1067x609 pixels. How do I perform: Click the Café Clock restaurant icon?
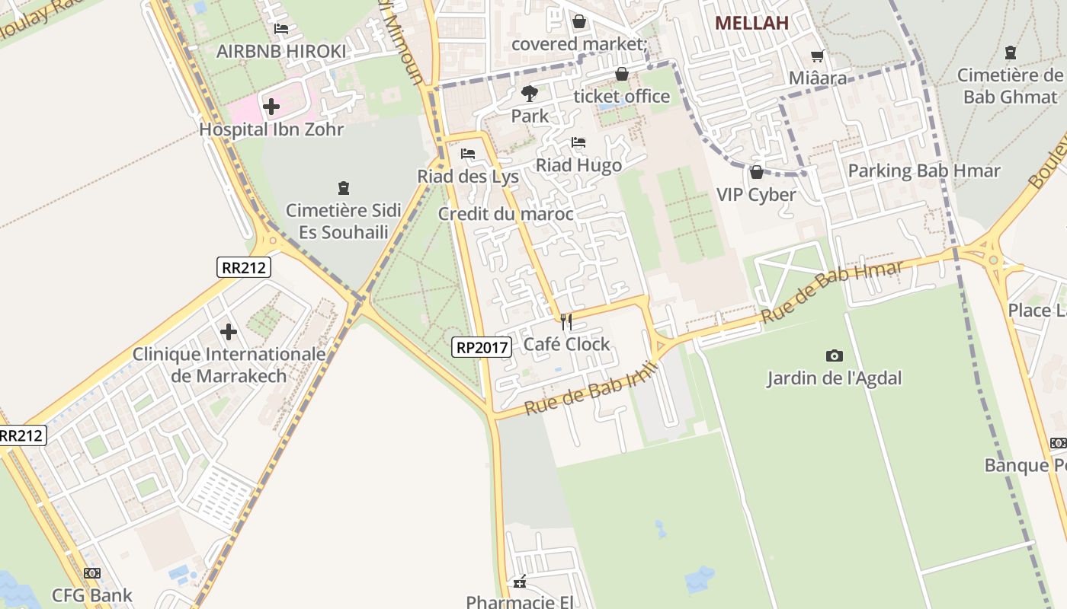pyautogui.click(x=566, y=322)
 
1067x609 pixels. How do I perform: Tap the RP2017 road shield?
pyautogui.click(x=482, y=347)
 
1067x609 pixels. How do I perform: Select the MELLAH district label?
pyautogui.click(x=751, y=23)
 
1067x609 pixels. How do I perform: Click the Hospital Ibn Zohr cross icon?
pyautogui.click(x=271, y=107)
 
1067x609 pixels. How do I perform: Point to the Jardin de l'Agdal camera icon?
pyautogui.click(x=835, y=356)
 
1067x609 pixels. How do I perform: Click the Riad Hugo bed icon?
pyautogui.click(x=578, y=142)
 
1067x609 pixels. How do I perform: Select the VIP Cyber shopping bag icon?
pyautogui.click(x=757, y=172)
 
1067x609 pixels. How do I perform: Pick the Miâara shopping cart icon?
pyautogui.click(x=818, y=56)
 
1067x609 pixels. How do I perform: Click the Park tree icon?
pyautogui.click(x=529, y=94)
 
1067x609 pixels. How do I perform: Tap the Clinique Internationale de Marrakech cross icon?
pyautogui.click(x=228, y=332)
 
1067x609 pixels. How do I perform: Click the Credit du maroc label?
pyautogui.click(x=505, y=214)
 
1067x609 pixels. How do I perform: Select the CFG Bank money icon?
pyautogui.click(x=92, y=573)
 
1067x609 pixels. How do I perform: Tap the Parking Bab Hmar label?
pyautogui.click(x=924, y=171)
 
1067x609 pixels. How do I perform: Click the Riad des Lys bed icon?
pyautogui.click(x=468, y=154)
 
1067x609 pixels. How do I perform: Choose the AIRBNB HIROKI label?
pyautogui.click(x=281, y=51)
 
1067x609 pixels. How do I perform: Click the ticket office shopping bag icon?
pyautogui.click(x=622, y=74)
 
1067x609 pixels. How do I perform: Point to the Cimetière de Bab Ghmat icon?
pyautogui.click(x=1011, y=53)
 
